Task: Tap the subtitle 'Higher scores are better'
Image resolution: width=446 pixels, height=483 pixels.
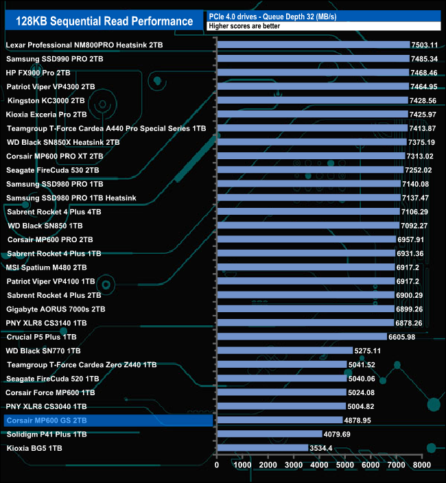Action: click(x=249, y=27)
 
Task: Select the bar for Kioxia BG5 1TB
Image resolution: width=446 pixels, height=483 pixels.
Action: click(x=263, y=448)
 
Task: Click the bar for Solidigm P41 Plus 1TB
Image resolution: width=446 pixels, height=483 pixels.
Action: click(x=270, y=434)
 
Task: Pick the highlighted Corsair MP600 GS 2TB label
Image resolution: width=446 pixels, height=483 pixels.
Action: click(x=47, y=421)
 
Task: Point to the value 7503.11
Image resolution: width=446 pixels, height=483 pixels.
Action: click(x=424, y=45)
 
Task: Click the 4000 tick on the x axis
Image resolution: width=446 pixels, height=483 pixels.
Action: click(x=320, y=465)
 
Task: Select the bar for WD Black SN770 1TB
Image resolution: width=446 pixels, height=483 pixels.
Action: click(x=285, y=351)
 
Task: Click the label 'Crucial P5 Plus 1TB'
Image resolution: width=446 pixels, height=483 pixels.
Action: click(x=41, y=337)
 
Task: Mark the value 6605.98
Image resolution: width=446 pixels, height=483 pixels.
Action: click(x=402, y=337)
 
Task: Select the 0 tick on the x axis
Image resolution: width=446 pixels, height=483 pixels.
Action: click(x=217, y=465)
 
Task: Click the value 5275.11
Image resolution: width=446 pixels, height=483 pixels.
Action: click(x=368, y=351)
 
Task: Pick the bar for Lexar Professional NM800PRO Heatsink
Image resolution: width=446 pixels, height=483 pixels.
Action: click(x=313, y=45)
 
